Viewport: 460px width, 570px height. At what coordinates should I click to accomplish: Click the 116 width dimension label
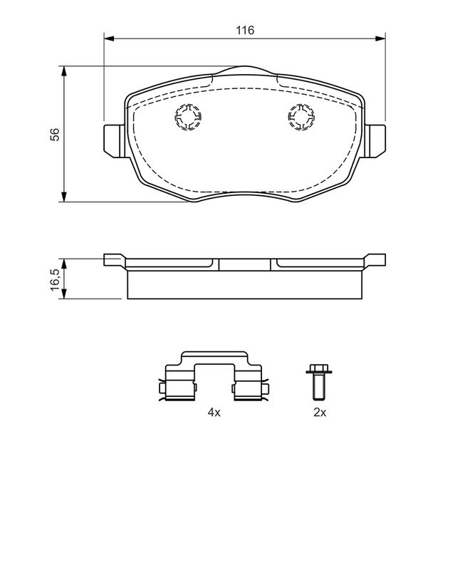(x=245, y=30)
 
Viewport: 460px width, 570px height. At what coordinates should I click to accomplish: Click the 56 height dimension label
(x=55, y=134)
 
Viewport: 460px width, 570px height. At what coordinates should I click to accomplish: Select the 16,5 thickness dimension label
(x=55, y=279)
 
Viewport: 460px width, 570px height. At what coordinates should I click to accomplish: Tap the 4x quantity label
(x=214, y=413)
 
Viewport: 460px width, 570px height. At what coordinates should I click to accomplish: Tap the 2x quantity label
(x=320, y=413)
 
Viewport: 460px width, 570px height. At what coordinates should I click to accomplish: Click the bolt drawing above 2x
(x=319, y=381)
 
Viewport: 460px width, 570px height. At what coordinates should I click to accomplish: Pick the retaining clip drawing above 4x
(x=214, y=377)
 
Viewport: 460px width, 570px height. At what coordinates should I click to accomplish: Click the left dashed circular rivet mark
(x=188, y=117)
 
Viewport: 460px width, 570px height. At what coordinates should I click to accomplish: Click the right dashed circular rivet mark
(x=302, y=117)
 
